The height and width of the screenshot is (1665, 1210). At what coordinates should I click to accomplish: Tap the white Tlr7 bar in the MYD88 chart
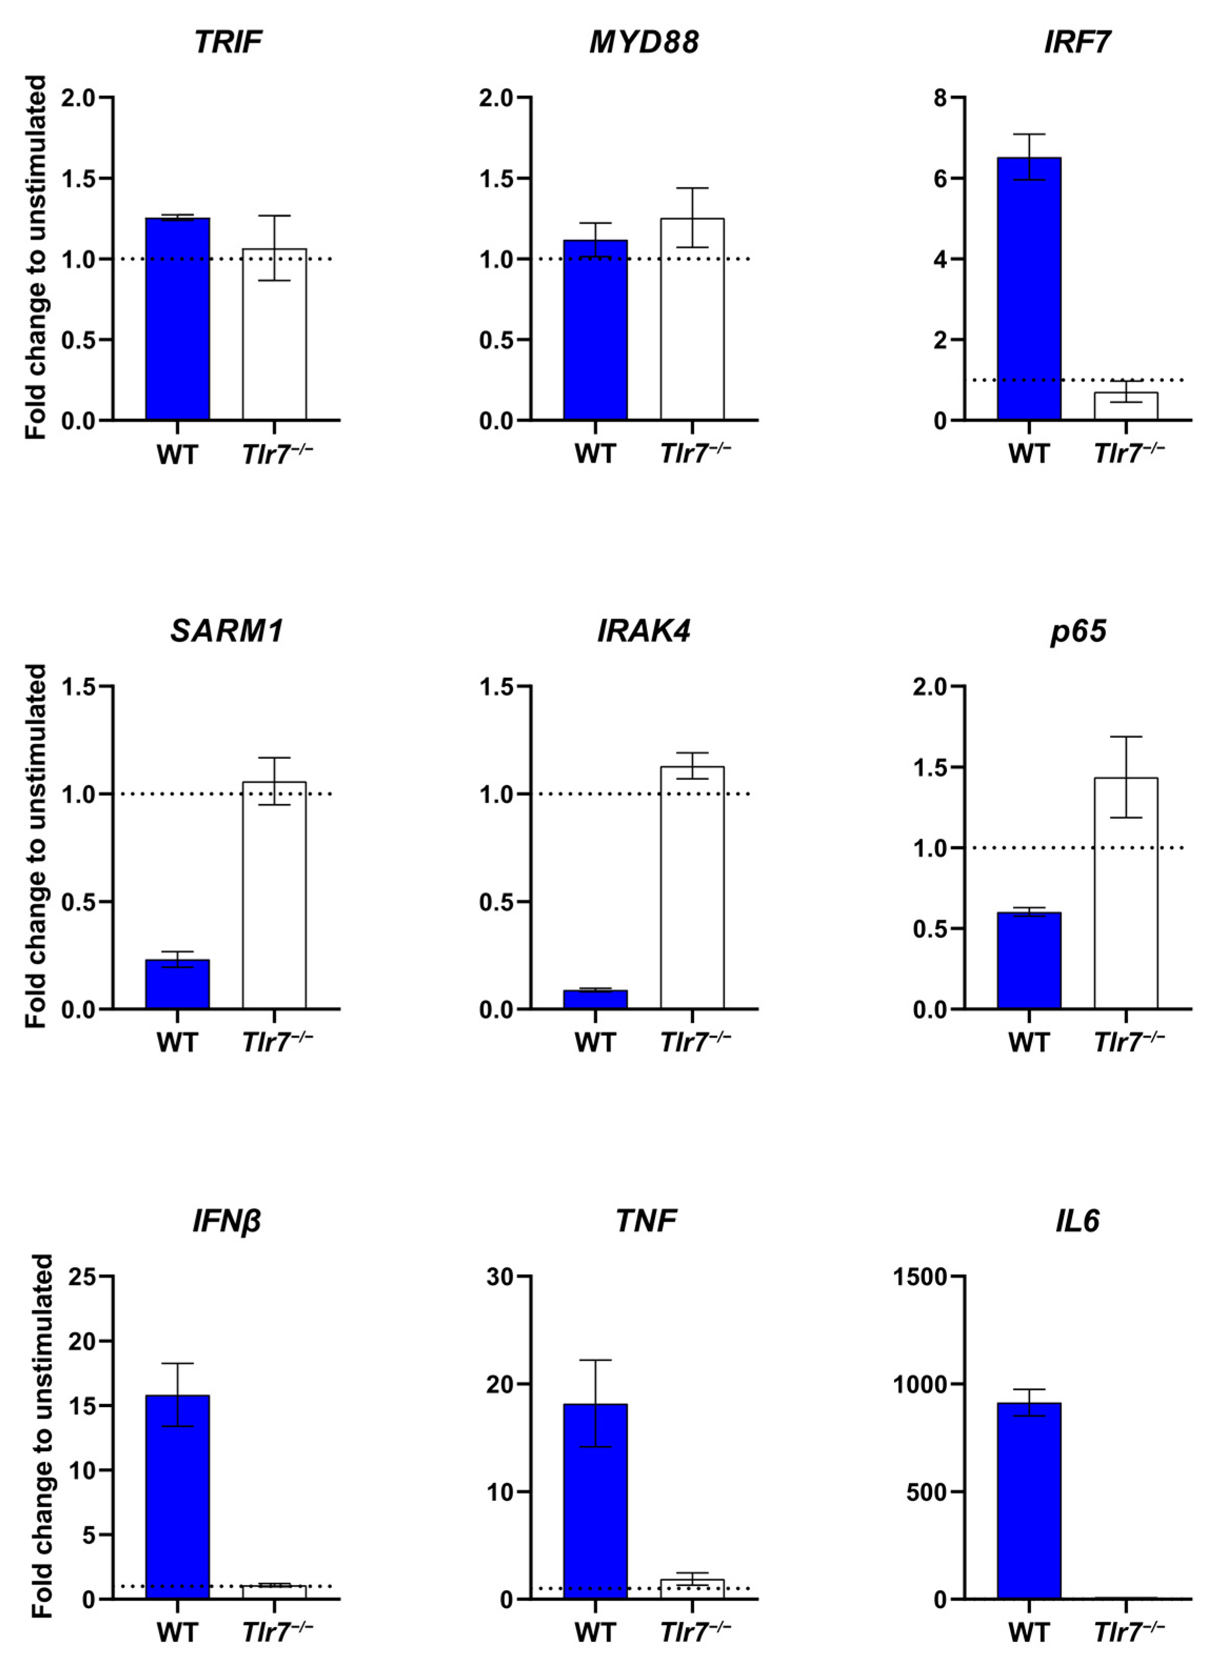[x=692, y=319]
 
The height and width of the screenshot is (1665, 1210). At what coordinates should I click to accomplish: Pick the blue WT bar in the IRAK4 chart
[x=595, y=1000]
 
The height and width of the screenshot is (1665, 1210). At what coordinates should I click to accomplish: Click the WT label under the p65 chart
[x=1028, y=1043]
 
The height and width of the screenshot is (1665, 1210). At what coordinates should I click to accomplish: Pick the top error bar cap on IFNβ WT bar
[x=177, y=1363]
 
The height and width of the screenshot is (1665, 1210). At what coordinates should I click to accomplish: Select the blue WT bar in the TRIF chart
[x=177, y=319]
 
